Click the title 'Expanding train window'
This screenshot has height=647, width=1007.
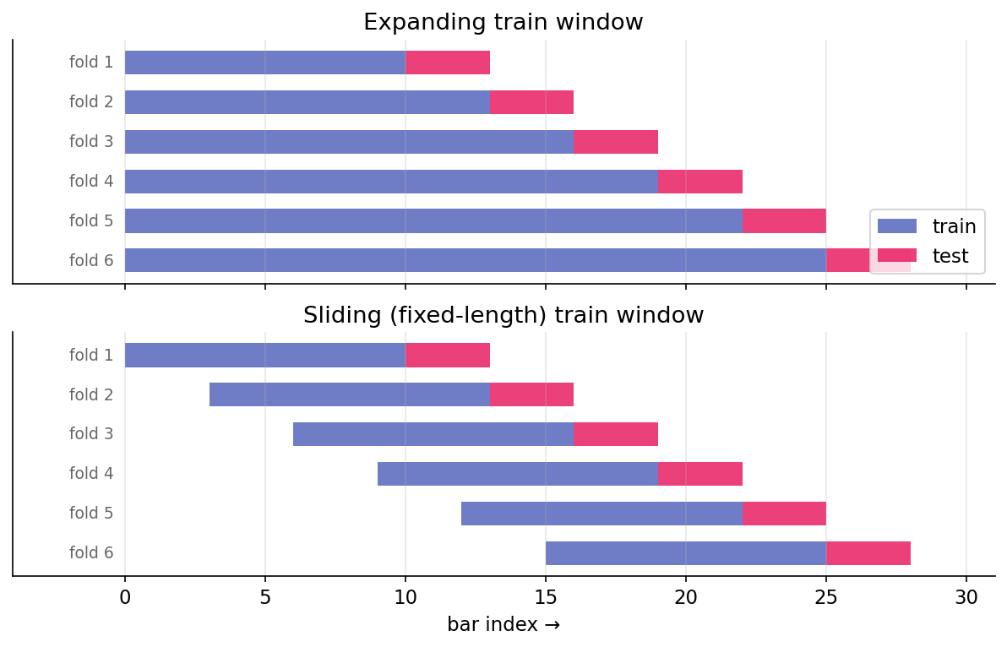pyautogui.click(x=503, y=23)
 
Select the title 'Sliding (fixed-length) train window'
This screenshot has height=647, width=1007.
pyautogui.click(x=503, y=316)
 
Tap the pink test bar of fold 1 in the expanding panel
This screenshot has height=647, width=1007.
pyautogui.click(x=447, y=63)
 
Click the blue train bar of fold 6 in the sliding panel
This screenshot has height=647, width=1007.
pyautogui.click(x=685, y=553)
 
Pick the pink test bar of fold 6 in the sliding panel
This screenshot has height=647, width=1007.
pyautogui.click(x=868, y=553)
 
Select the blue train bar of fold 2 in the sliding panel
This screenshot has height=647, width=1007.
pyautogui.click(x=349, y=394)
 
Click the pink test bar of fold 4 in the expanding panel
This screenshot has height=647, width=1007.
pyautogui.click(x=699, y=182)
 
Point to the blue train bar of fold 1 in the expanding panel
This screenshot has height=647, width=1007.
pyautogui.click(x=264, y=63)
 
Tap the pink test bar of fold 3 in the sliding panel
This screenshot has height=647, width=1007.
pyautogui.click(x=615, y=434)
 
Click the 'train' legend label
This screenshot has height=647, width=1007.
pyautogui.click(x=954, y=226)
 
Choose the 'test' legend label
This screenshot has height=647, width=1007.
pyautogui.click(x=950, y=256)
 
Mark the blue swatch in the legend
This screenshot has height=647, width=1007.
pyautogui.click(x=897, y=226)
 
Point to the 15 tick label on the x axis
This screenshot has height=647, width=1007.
pyautogui.click(x=546, y=597)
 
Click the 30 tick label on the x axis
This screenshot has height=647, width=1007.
pyautogui.click(x=966, y=597)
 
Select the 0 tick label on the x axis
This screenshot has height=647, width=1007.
pyautogui.click(x=125, y=597)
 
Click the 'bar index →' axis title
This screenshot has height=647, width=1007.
pyautogui.click(x=503, y=625)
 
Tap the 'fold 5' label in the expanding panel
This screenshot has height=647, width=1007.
pyautogui.click(x=91, y=221)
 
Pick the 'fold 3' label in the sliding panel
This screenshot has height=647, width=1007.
pyautogui.click(x=91, y=434)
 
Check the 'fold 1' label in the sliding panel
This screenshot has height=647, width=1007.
pyautogui.click(x=91, y=356)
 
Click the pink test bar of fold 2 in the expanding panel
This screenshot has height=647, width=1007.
pyautogui.click(x=531, y=102)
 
